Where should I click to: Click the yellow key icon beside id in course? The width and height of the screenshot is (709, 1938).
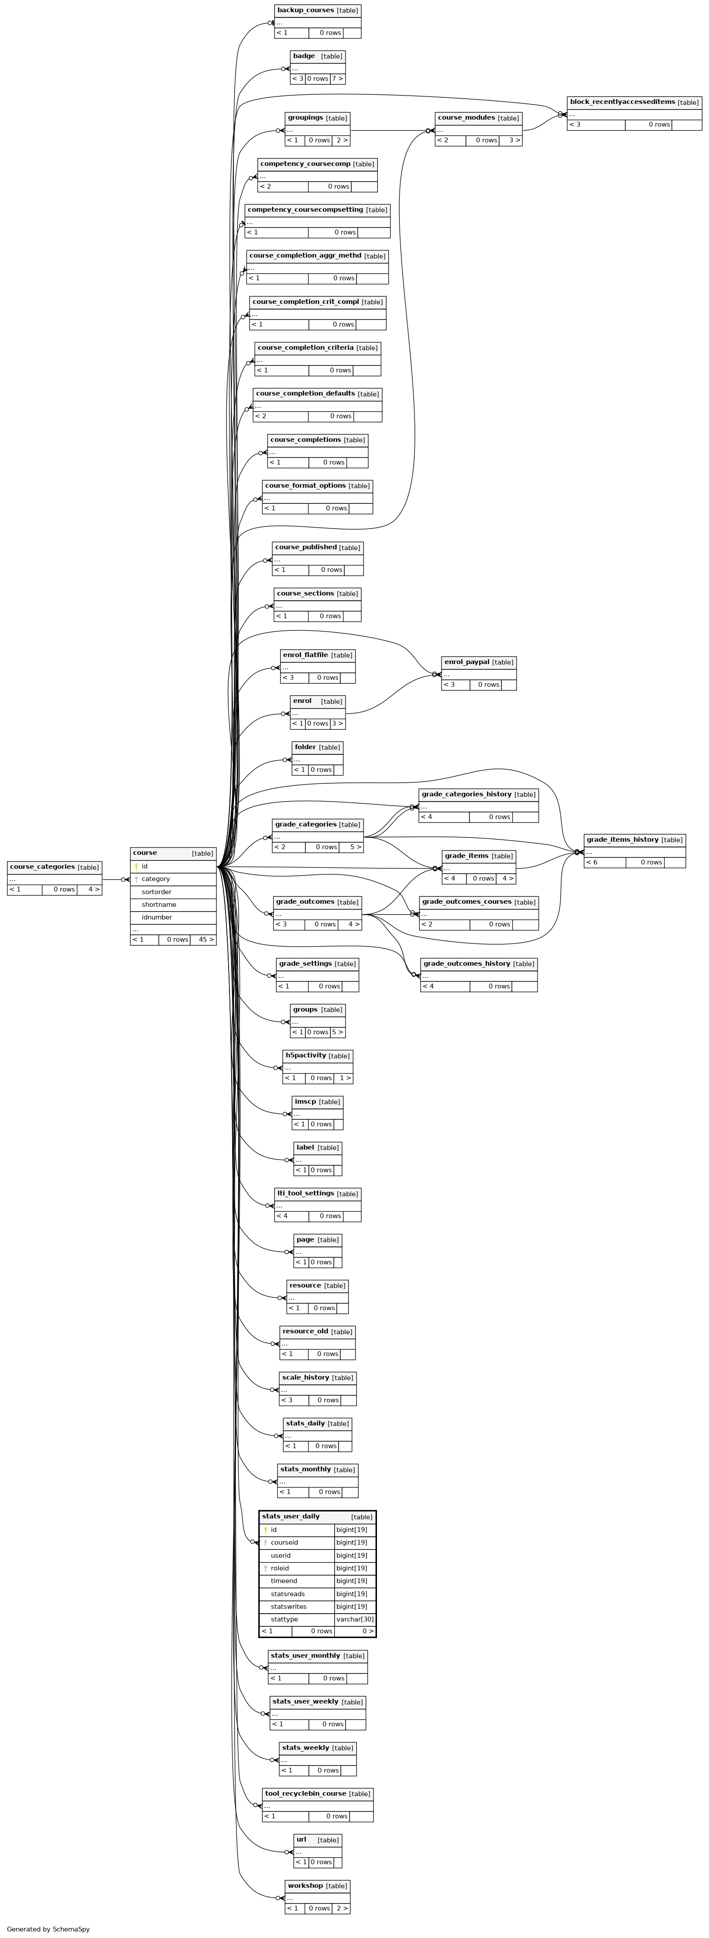pyautogui.click(x=136, y=866)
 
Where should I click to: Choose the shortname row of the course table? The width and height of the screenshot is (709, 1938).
pyautogui.click(x=173, y=904)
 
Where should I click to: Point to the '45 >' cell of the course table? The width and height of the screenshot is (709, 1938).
pyautogui.click(x=203, y=940)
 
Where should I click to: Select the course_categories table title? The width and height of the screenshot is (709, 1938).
pyautogui.click(x=42, y=867)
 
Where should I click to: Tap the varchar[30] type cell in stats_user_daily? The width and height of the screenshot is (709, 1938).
pyautogui.click(x=355, y=1619)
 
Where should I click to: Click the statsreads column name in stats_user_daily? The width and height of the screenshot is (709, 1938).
pyautogui.click(x=288, y=1594)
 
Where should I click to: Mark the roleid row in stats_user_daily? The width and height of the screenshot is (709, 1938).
pyautogui.click(x=317, y=1568)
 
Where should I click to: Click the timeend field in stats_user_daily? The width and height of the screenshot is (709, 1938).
pyautogui.click(x=284, y=1580)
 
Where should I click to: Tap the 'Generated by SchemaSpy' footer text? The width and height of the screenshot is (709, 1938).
pyautogui.click(x=48, y=1929)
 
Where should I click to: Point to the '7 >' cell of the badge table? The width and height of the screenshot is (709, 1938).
pyautogui.click(x=338, y=78)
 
